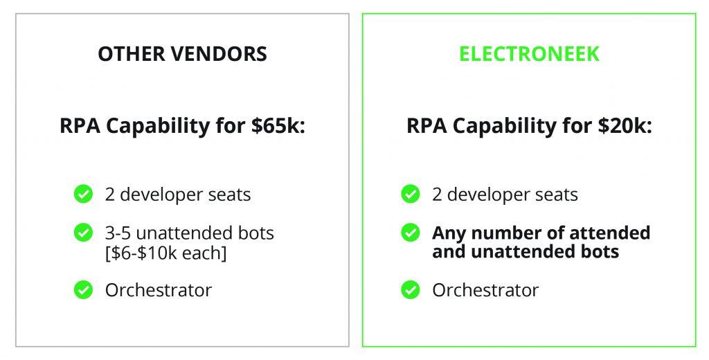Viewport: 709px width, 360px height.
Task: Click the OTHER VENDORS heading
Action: pos(182,54)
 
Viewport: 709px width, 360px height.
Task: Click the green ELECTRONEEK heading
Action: pos(529,54)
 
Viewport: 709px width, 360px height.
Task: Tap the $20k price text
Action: pos(625,125)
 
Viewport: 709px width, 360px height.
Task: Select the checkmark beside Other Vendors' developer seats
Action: pos(83,194)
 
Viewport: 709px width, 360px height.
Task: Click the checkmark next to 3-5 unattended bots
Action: pos(83,233)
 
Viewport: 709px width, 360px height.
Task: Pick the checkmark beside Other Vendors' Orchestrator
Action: pos(83,290)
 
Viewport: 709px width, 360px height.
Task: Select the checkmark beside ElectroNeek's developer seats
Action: pos(410,194)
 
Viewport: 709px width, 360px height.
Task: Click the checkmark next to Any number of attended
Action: pos(410,233)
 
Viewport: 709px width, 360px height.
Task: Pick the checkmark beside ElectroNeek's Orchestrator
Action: pos(410,290)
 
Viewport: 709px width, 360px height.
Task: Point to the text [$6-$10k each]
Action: pos(165,253)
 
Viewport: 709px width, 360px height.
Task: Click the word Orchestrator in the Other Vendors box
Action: pos(159,290)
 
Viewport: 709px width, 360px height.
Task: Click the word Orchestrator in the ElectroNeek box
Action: pos(485,290)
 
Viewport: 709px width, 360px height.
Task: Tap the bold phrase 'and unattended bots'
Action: pos(526,251)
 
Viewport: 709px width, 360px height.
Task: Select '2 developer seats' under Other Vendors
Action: pos(178,195)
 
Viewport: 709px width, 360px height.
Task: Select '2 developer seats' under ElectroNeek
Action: pos(505,195)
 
